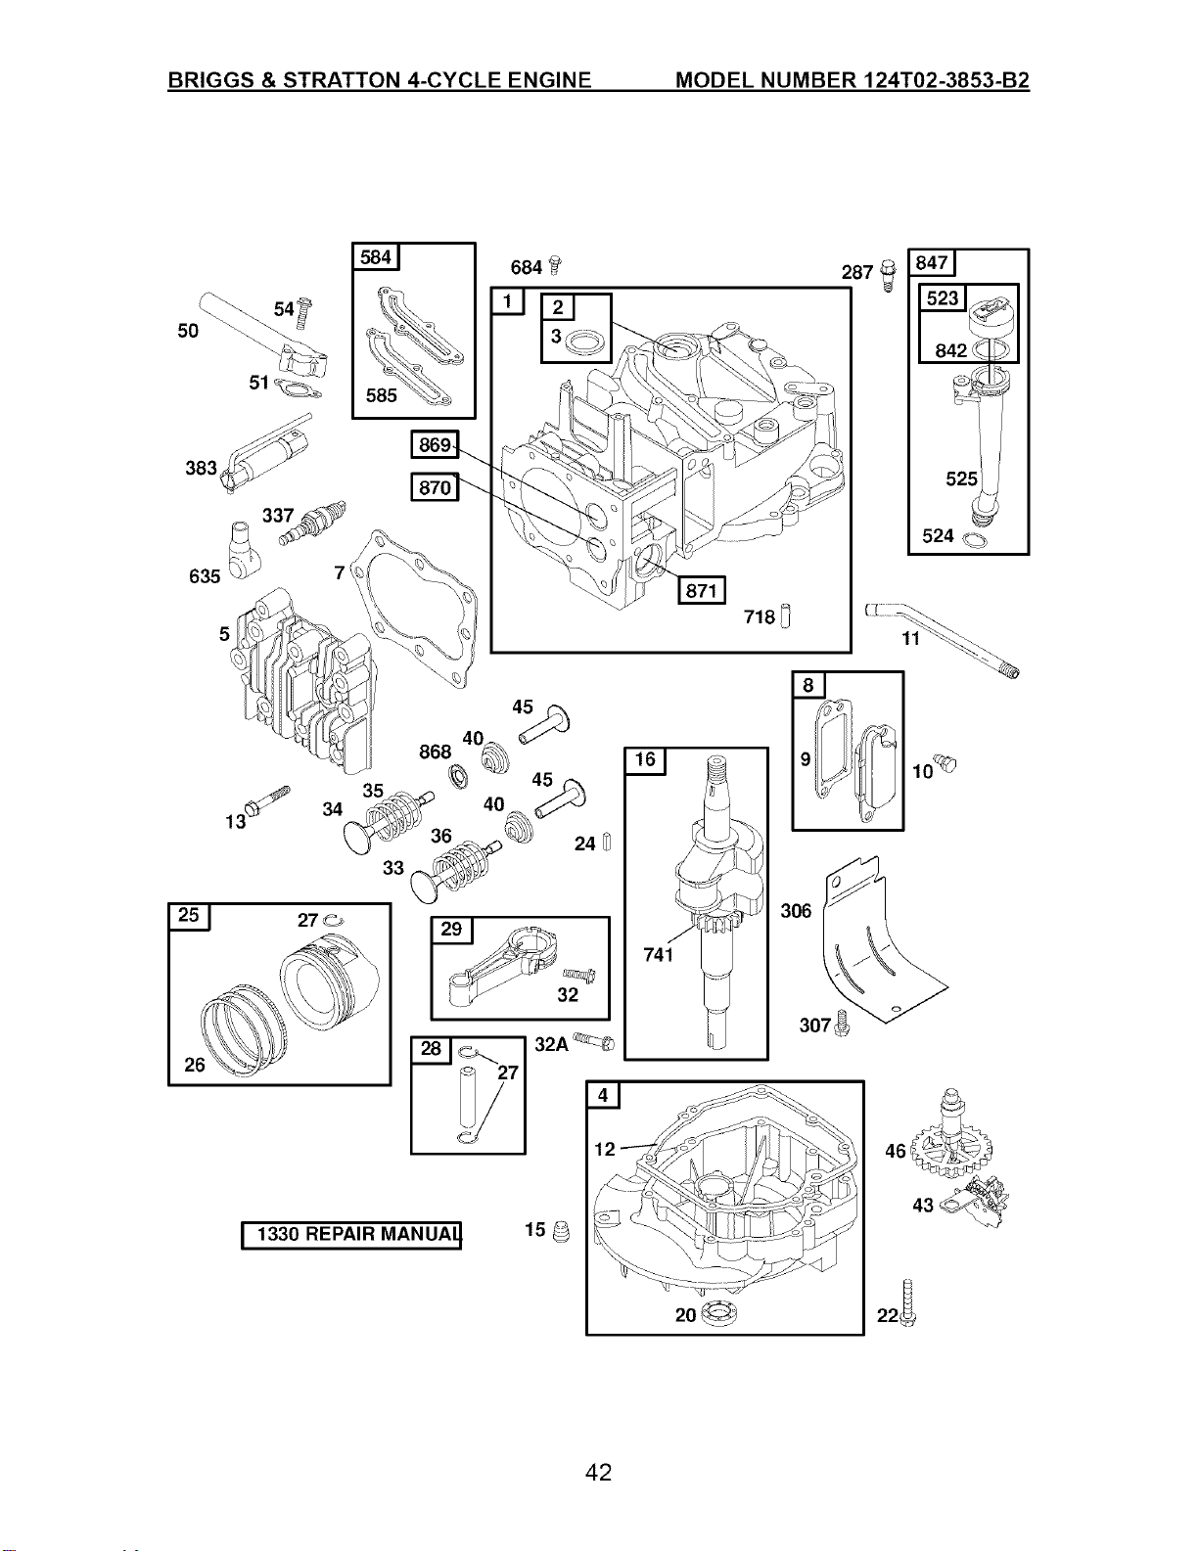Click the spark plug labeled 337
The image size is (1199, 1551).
[312, 523]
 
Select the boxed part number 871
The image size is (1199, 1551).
[701, 590]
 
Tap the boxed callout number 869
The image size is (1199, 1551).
[435, 444]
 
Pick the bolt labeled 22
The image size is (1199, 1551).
[907, 1302]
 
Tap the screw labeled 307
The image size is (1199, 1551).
[842, 1023]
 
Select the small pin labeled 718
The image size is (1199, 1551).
[786, 616]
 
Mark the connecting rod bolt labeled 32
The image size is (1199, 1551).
[579, 972]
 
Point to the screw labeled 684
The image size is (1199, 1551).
[555, 265]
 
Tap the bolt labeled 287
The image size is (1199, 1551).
[888, 275]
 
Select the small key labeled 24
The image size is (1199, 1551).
[607, 843]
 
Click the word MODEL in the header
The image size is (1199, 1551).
[714, 80]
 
